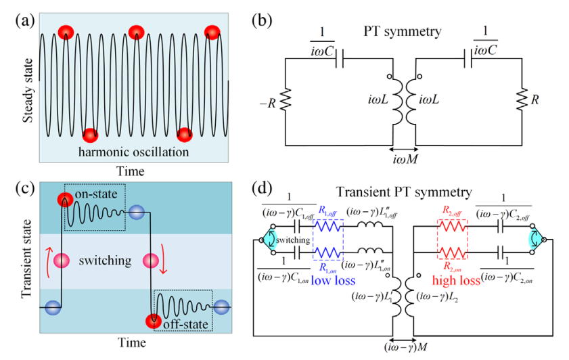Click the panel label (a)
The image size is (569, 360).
click(x=26, y=20)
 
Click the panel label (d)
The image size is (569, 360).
click(x=263, y=186)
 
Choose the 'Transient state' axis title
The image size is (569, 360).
click(x=27, y=257)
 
